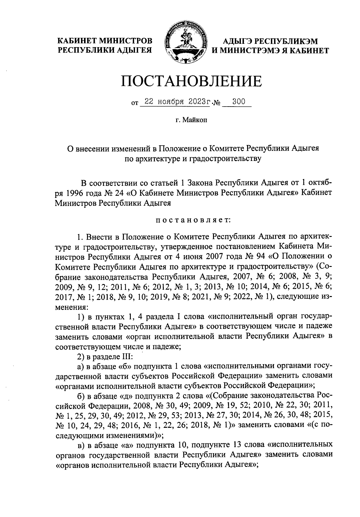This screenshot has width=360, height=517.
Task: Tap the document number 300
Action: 239,102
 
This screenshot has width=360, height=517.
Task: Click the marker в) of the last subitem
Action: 80,444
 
